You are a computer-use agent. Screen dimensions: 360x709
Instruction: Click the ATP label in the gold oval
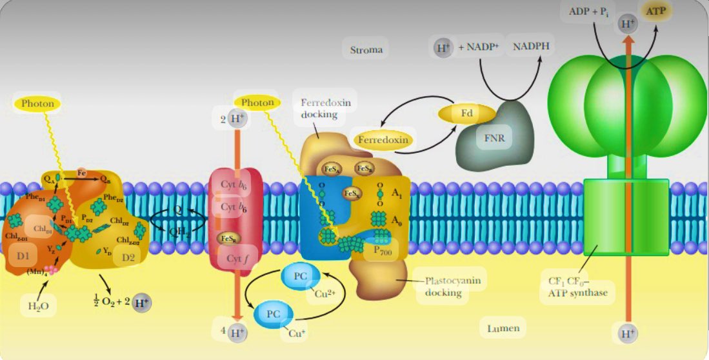tap(656, 11)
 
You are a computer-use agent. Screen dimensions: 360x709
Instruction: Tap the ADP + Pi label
tap(589, 12)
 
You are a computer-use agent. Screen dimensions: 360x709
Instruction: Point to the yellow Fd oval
tap(466, 114)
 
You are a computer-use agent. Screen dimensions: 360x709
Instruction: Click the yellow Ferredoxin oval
tap(383, 139)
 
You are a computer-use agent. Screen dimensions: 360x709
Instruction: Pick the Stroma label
tap(366, 50)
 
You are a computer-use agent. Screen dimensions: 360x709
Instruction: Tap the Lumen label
tap(503, 328)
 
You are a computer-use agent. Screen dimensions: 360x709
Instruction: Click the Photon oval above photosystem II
tap(37, 103)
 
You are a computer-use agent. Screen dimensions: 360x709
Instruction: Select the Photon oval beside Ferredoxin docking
tap(257, 102)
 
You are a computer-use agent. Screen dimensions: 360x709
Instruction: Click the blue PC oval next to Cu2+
tap(300, 277)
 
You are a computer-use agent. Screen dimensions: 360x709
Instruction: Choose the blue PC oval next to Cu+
tap(273, 314)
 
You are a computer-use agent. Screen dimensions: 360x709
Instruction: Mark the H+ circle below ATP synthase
tap(626, 334)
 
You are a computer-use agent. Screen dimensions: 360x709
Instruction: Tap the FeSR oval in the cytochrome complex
tap(227, 238)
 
